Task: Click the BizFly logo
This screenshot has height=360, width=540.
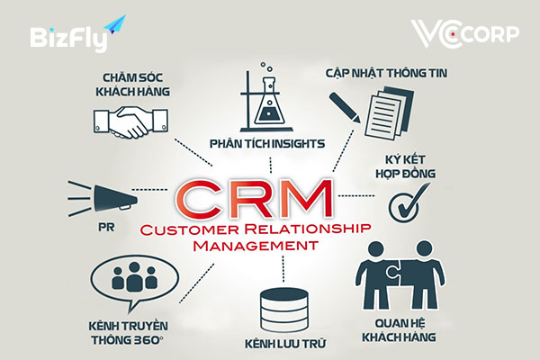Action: point(77,34)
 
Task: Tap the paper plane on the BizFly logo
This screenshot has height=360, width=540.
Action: point(115,25)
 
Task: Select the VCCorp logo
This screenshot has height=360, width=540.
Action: point(465,34)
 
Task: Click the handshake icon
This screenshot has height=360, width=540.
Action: point(130,122)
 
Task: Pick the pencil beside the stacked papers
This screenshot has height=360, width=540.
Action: point(345,107)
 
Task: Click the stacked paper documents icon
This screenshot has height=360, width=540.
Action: point(389,112)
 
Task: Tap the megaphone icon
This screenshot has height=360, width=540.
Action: point(103,198)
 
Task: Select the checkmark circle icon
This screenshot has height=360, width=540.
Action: point(409,202)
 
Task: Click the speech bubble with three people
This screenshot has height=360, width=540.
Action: point(134,281)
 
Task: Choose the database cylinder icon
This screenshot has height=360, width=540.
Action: point(284,310)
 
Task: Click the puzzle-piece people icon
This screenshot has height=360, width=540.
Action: point(400,274)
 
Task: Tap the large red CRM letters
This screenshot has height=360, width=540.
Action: point(254,199)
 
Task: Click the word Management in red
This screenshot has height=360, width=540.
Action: point(256,246)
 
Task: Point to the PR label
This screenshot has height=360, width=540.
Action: point(106,228)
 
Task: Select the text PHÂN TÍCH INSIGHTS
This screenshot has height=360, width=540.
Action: point(267,143)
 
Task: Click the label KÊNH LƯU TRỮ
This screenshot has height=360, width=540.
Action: point(285,344)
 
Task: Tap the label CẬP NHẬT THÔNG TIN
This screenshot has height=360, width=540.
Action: point(386,73)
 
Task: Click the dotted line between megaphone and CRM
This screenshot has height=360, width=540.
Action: point(149,190)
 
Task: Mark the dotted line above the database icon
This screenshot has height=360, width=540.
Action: point(283,269)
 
